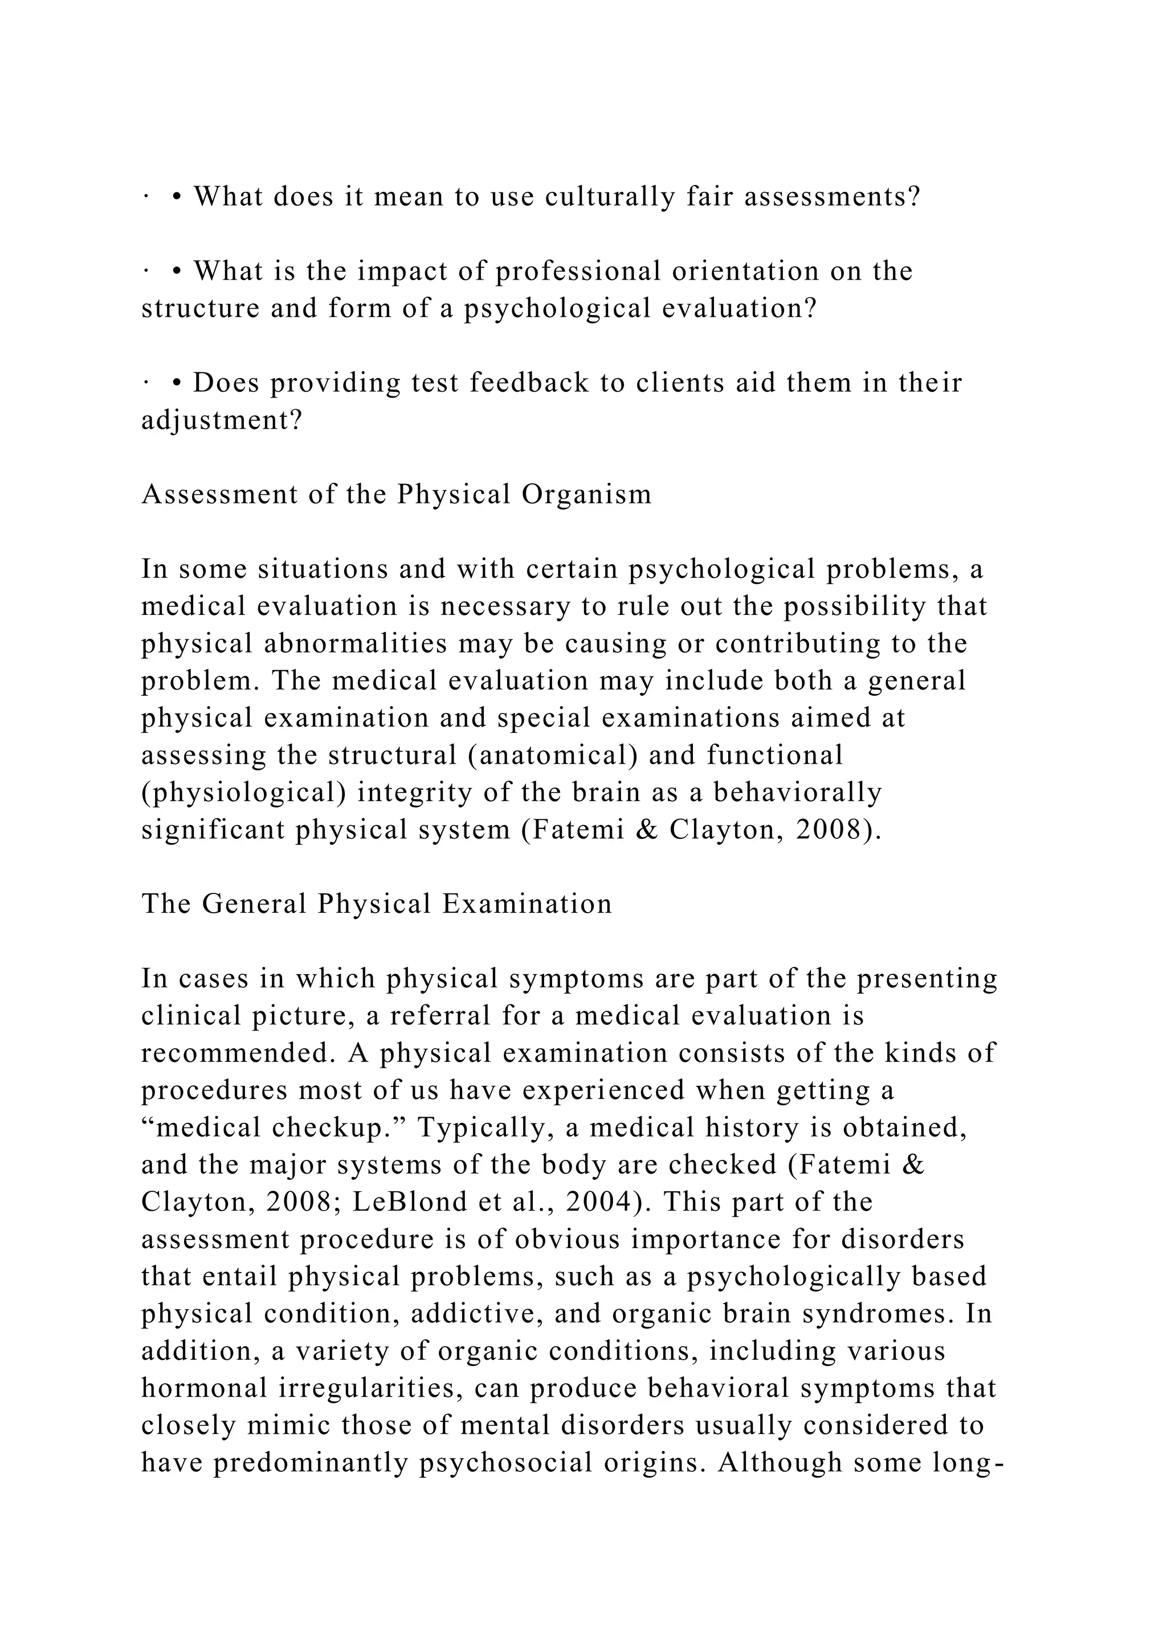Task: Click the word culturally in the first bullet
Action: [x=610, y=197]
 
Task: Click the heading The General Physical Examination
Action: [x=377, y=904]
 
